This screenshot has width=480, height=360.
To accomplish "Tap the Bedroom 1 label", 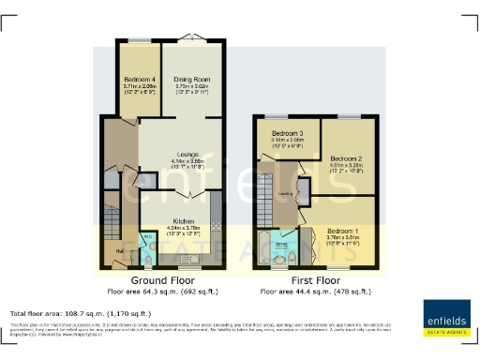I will tap(342, 230).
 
